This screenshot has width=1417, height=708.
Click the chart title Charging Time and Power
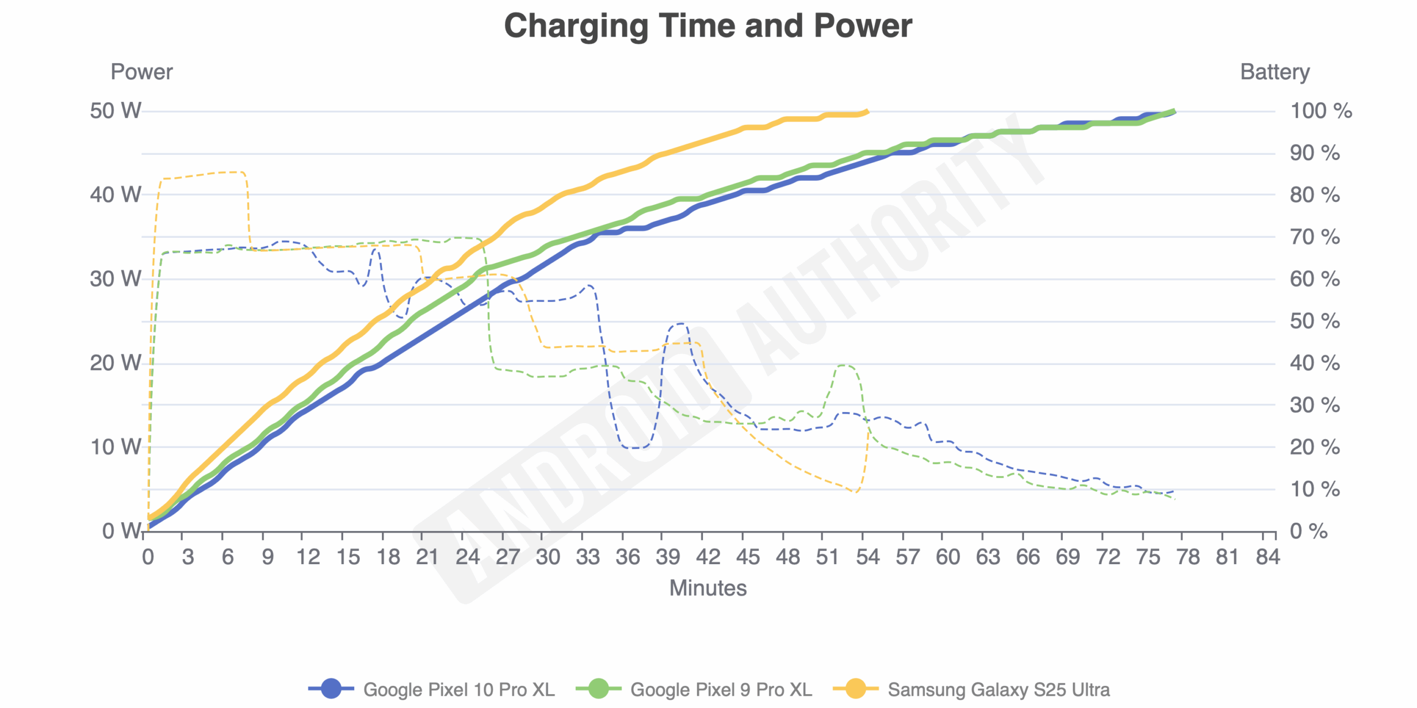point(708,25)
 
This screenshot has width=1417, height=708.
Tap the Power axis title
point(142,72)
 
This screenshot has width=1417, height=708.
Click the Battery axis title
point(1275,72)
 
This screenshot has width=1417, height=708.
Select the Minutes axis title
point(708,588)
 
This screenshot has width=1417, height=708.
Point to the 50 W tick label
point(115,111)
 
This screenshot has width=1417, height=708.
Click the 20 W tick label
point(115,363)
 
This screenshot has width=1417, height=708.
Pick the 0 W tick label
point(122,531)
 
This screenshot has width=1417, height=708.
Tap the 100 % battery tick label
point(1321,111)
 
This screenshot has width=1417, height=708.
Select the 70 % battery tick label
point(1315,237)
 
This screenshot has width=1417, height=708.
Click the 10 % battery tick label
point(1315,489)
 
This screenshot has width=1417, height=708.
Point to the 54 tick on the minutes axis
point(867,557)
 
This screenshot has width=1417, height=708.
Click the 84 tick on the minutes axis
point(1268,557)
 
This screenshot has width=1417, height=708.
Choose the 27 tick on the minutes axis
point(508,557)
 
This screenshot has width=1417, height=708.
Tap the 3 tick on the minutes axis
point(188,557)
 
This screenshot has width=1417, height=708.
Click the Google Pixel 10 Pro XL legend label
point(459,690)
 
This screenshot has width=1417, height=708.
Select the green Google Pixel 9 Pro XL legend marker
point(598,689)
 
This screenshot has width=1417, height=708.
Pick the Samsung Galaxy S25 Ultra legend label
point(999,690)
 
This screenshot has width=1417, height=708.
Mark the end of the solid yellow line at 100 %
point(867,111)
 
